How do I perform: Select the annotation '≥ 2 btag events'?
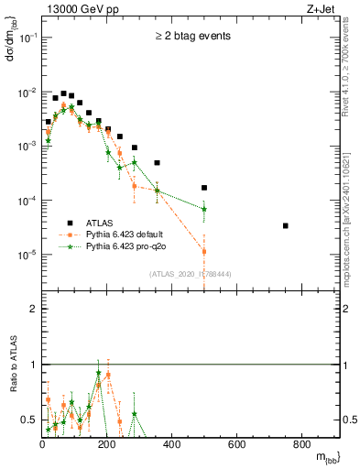pos(191,37)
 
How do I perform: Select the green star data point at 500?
pos(204,209)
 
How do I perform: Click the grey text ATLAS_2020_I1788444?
pos(191,273)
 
